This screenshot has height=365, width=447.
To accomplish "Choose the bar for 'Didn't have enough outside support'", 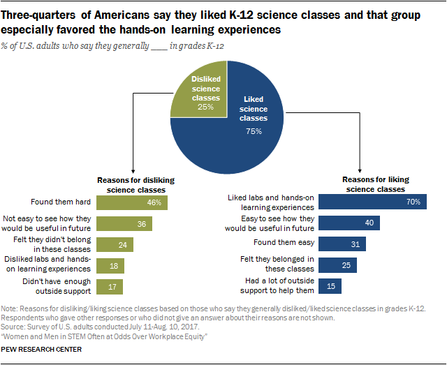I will (x=110, y=286).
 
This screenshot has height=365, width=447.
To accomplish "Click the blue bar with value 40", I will (x=349, y=223).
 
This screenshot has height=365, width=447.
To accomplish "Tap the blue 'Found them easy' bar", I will (x=342, y=244).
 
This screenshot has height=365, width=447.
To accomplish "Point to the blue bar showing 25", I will (x=337, y=265).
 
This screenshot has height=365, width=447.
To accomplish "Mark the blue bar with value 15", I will (x=330, y=286).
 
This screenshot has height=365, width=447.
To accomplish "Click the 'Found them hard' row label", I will (x=62, y=202).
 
